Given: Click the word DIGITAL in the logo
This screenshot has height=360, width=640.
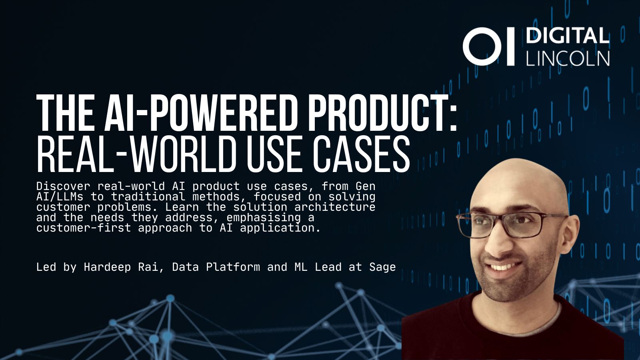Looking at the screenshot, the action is tap(568, 36).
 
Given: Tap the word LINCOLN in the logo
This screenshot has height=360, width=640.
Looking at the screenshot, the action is tap(568, 58).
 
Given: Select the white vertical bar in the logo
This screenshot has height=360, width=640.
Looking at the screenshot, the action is tap(510, 46).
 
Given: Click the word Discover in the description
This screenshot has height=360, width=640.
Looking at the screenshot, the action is tap(63, 186).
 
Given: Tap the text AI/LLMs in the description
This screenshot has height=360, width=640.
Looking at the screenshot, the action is tap(60, 196).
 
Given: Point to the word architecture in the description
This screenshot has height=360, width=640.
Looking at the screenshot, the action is tap(335, 207).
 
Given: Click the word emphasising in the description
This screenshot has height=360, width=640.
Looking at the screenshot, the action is tap(264, 218).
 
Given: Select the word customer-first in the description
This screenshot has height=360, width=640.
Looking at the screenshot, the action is tap(84, 228).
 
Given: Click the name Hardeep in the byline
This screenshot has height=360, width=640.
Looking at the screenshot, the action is tap(107, 267).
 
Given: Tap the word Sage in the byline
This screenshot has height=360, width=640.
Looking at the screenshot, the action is tap(382, 267).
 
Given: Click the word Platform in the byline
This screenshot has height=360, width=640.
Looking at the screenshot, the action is tap(233, 267).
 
